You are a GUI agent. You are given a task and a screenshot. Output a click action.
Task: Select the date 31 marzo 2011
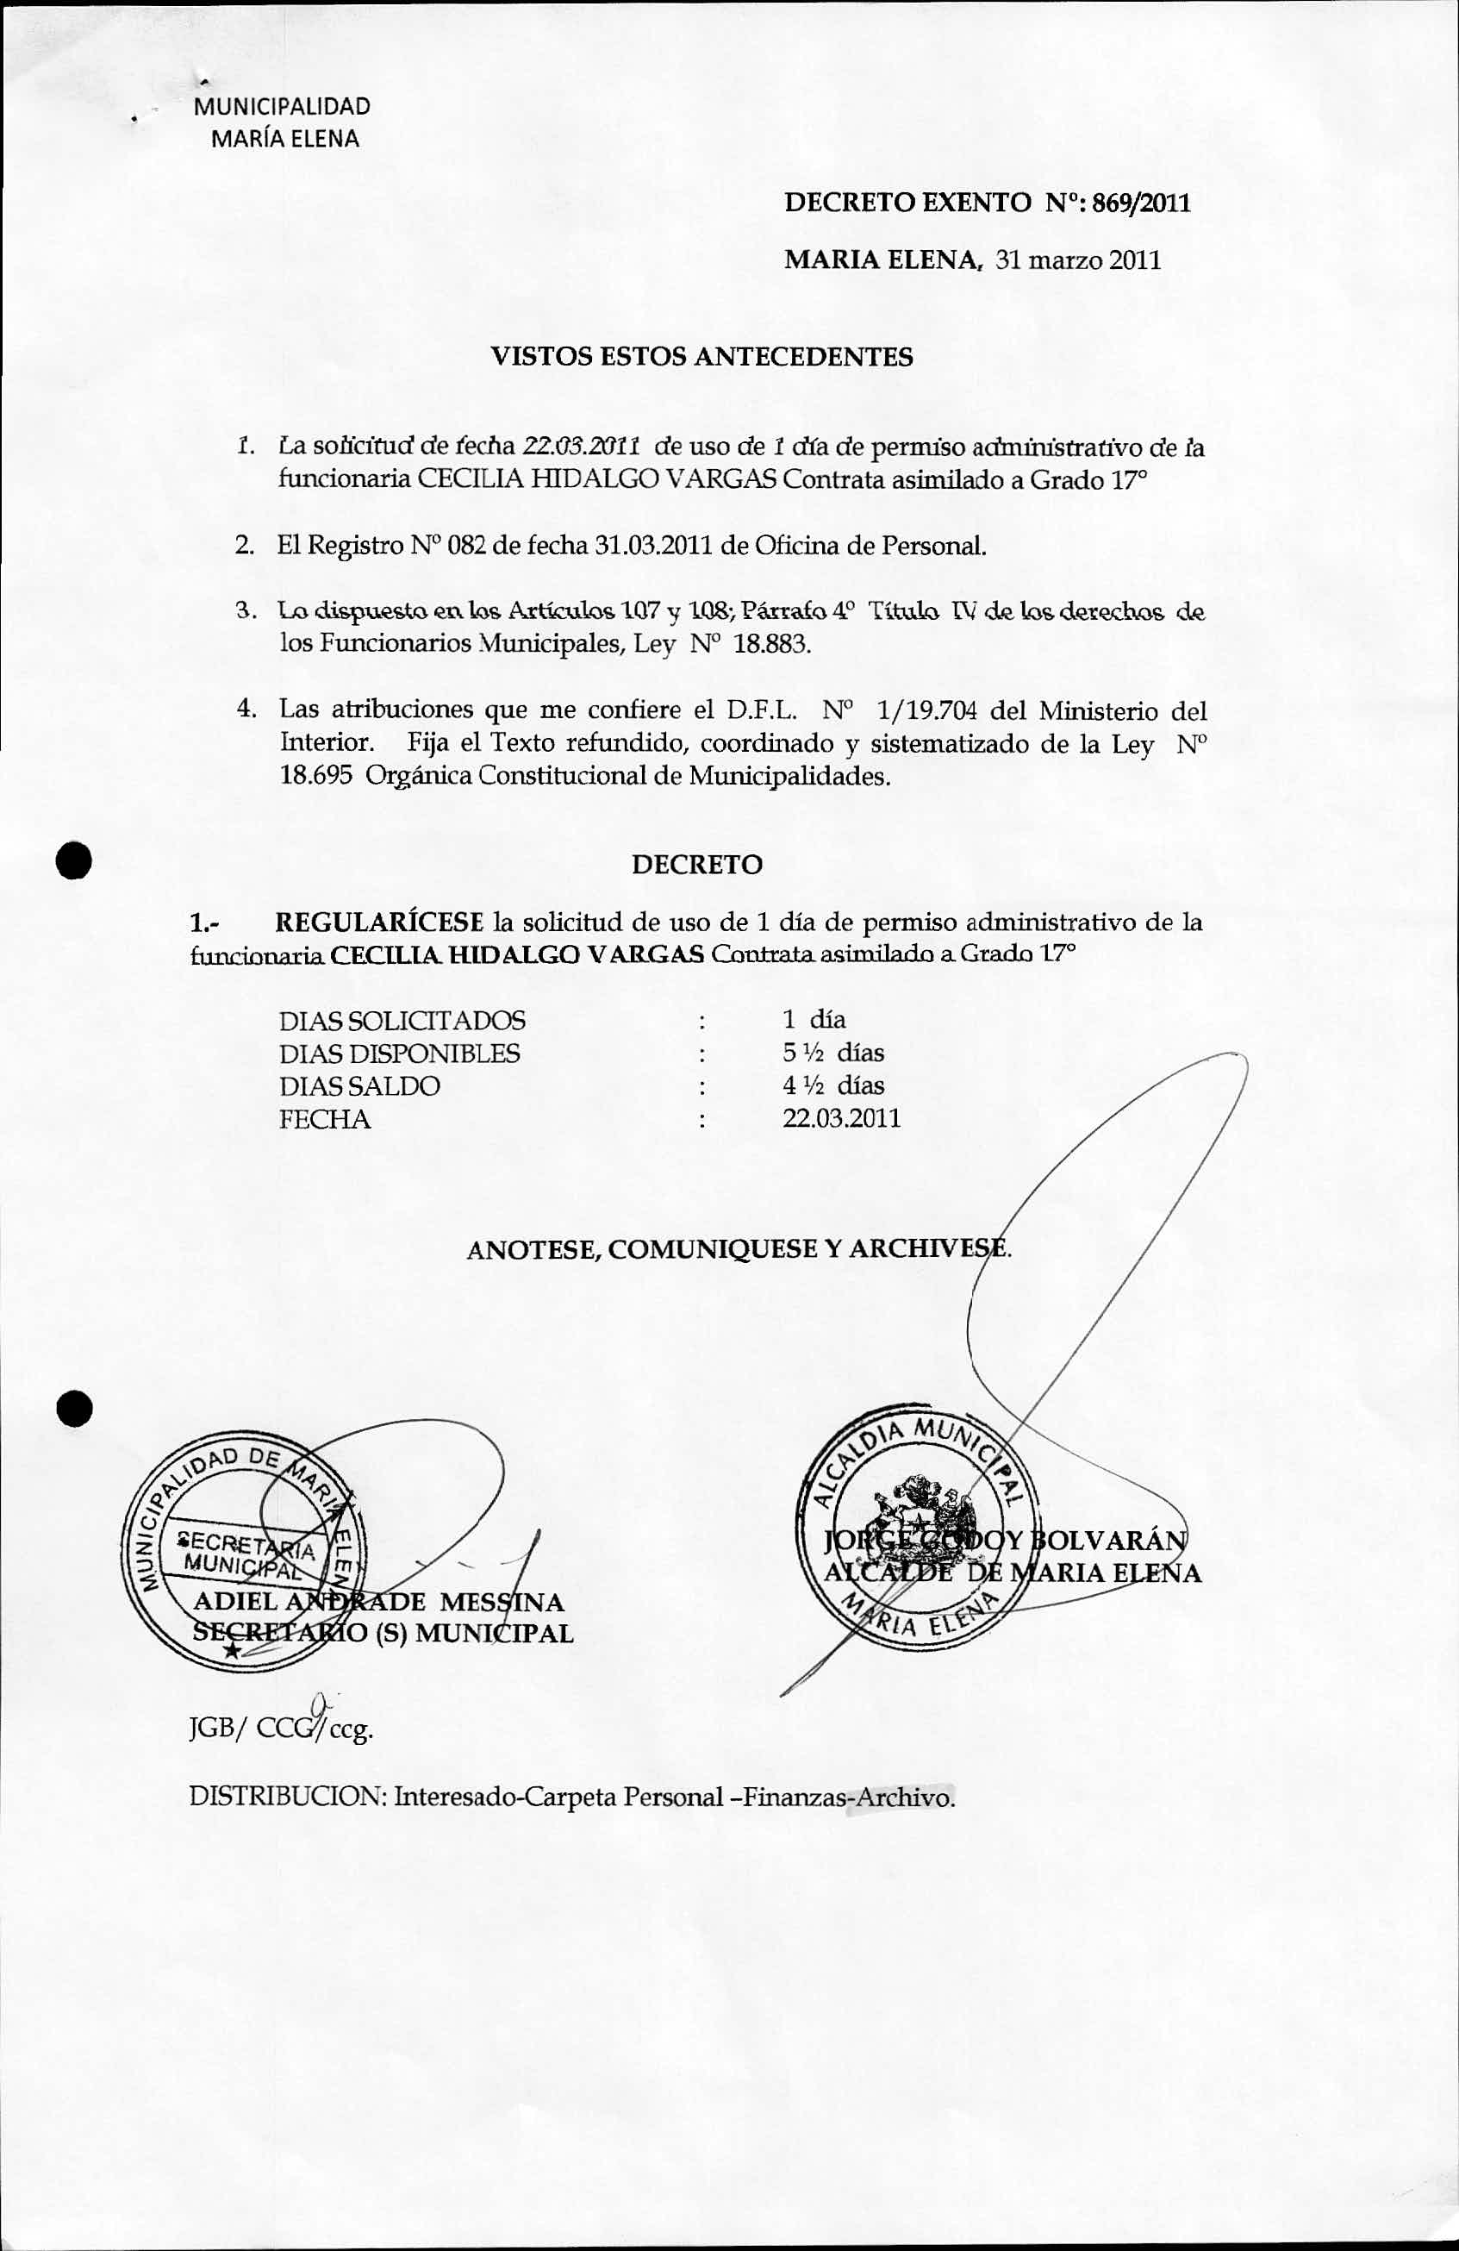(1079, 260)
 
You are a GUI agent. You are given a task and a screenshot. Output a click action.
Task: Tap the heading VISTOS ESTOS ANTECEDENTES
(701, 357)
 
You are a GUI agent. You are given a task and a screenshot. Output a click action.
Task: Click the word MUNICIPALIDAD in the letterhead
(282, 107)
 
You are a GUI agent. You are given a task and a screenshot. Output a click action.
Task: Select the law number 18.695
(315, 777)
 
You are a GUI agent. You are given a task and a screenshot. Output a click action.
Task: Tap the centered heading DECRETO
(697, 865)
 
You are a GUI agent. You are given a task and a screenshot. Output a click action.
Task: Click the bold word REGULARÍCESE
(379, 922)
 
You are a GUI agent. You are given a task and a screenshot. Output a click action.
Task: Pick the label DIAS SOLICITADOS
(402, 1021)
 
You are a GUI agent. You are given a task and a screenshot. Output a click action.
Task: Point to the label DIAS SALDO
(359, 1085)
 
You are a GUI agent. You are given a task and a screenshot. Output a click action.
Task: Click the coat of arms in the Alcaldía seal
(913, 1504)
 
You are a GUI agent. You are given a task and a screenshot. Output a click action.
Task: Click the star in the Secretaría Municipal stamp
(231, 1649)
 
